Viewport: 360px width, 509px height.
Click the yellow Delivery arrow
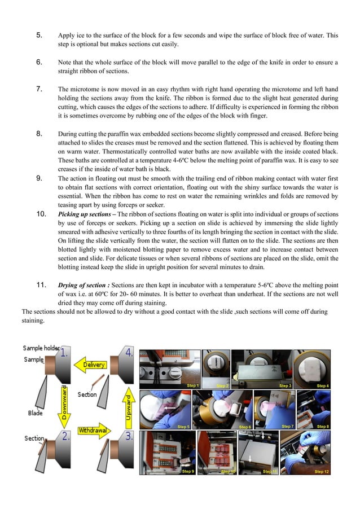[x=94, y=365]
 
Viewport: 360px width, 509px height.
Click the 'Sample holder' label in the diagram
[x=41, y=349]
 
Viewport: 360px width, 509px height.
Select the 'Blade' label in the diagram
[x=36, y=413]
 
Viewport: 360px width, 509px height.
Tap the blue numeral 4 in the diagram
[x=129, y=354]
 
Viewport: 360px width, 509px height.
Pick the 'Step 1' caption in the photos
[x=192, y=385]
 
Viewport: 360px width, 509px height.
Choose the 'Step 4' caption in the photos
[x=323, y=385]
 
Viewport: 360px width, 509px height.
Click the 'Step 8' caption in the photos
[x=323, y=427]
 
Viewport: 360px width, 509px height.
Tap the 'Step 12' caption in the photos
[x=322, y=471]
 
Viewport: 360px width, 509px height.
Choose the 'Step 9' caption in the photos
[x=188, y=471]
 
